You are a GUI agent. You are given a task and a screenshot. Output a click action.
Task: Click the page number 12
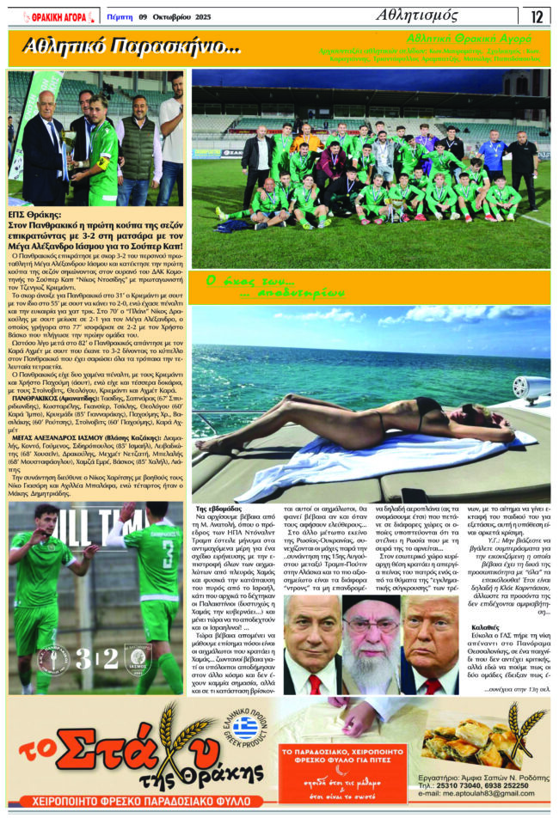point(537,15)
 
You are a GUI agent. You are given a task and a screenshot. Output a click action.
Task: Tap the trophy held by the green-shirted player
point(88,154)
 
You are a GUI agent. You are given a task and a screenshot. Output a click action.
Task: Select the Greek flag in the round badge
point(245,729)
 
